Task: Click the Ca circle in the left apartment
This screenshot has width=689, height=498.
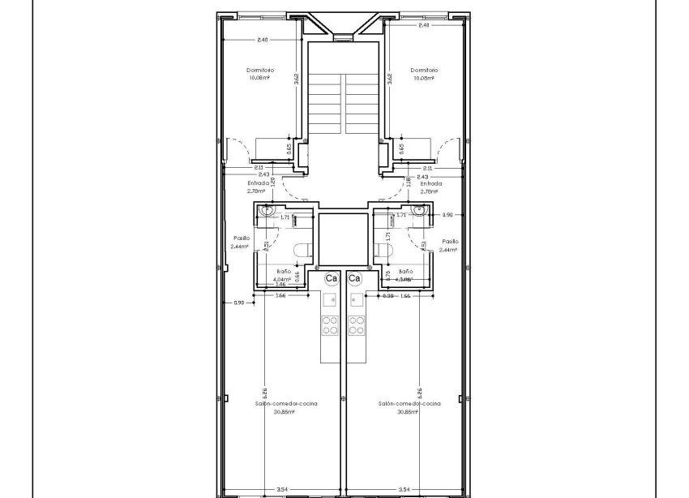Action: (x=331, y=278)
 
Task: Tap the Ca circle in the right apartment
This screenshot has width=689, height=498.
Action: (x=354, y=278)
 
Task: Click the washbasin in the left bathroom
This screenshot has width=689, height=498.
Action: (x=265, y=211)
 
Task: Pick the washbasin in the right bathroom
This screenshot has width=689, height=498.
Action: (x=418, y=211)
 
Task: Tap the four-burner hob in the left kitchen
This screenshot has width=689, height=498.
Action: (x=331, y=324)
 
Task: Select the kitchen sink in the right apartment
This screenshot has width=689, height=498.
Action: (x=355, y=300)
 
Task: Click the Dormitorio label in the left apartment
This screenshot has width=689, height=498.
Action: (x=260, y=71)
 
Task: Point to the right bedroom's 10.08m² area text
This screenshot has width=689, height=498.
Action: (x=424, y=78)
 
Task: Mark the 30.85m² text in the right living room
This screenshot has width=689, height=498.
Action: (x=408, y=411)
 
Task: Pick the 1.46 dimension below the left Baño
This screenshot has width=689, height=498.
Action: (x=281, y=284)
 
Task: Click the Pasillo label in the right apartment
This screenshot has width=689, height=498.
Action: (x=450, y=241)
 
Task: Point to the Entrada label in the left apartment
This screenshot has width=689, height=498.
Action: (x=259, y=183)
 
